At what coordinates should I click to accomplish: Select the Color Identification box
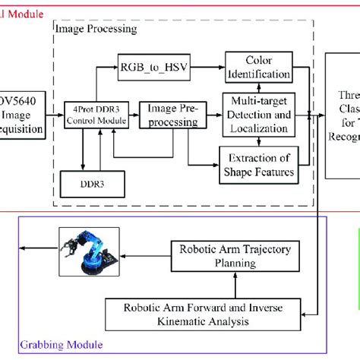(258, 68)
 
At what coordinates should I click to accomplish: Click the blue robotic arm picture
(92, 254)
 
